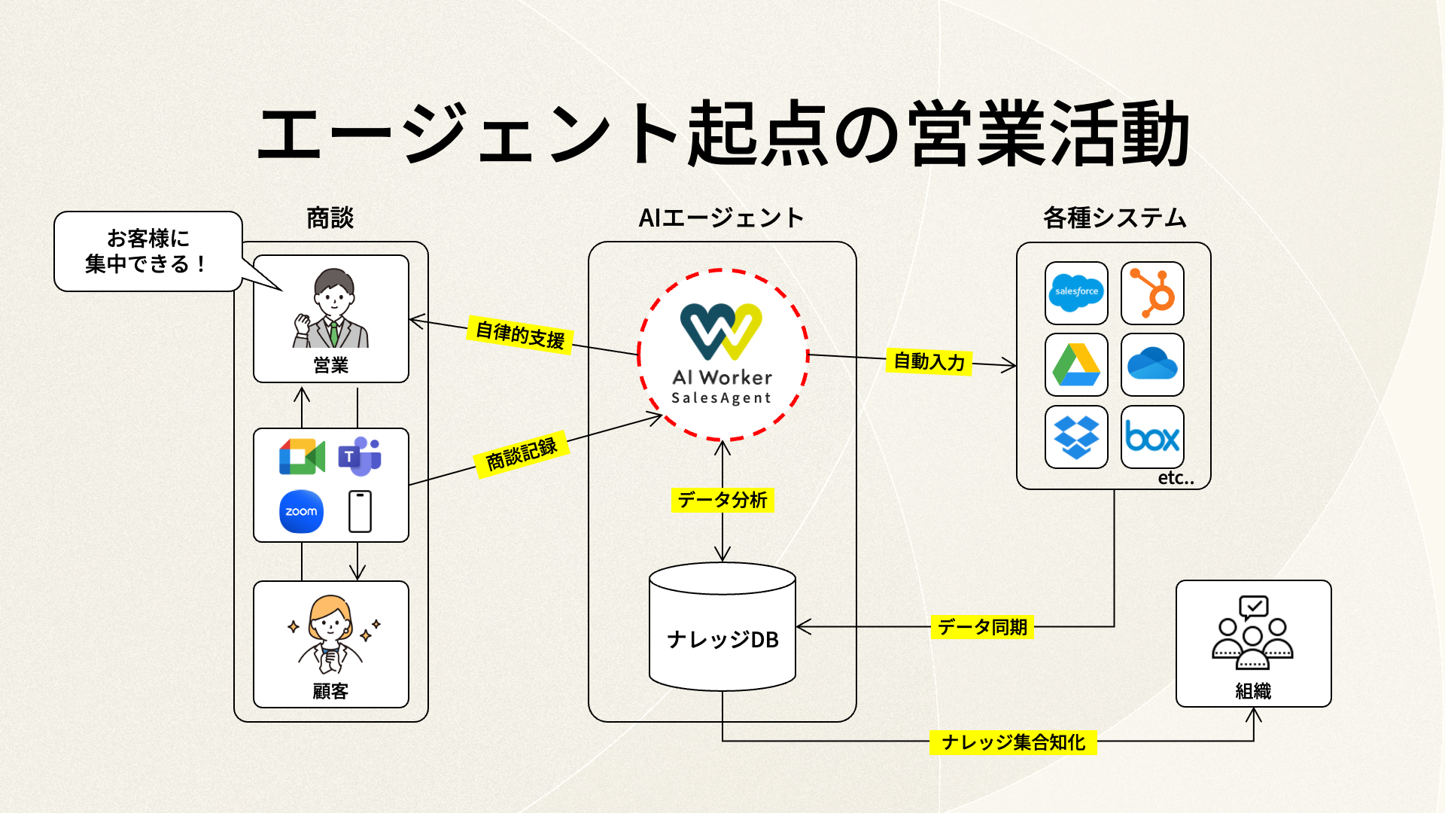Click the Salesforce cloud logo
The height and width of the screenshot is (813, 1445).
point(1076,292)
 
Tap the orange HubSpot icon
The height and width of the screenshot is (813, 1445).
point(1152,292)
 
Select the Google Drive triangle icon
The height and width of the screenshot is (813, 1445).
point(1076,364)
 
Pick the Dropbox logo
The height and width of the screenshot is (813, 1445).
point(1076,437)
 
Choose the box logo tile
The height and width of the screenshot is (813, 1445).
point(1152,437)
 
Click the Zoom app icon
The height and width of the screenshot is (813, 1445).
point(301,511)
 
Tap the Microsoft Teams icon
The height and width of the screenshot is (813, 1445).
point(360,456)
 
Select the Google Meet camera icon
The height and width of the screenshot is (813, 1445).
point(302,456)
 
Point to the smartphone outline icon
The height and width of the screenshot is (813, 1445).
point(360,511)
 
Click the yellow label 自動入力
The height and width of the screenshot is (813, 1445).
point(929,361)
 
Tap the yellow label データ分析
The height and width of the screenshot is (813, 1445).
point(722,500)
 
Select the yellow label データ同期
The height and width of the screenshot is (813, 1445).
point(982,626)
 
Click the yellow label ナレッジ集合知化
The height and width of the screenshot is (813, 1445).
point(1013,742)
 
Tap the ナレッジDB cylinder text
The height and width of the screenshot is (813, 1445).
point(722,639)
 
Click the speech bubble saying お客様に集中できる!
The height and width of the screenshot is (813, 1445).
point(148,251)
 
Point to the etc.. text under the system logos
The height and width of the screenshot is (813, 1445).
point(1176,478)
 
